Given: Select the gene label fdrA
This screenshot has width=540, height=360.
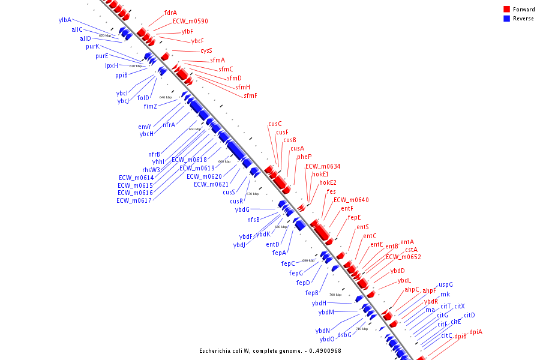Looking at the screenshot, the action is pyautogui.click(x=170, y=13).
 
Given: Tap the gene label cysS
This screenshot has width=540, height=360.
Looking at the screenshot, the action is pyautogui.click(x=206, y=50).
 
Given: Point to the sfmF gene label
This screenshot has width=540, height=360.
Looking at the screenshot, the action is pyautogui.click(x=250, y=95).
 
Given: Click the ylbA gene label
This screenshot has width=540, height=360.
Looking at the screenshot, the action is pyautogui.click(x=65, y=20).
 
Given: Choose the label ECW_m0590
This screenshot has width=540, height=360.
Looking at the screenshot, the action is pyautogui.click(x=190, y=21).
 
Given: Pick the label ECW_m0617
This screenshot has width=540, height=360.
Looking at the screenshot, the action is pyautogui.click(x=135, y=200).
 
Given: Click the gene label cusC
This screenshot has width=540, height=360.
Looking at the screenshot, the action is pyautogui.click(x=275, y=124).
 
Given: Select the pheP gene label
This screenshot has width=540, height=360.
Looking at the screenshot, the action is pyautogui.click(x=304, y=157).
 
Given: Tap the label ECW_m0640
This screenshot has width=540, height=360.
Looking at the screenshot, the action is pyautogui.click(x=351, y=200).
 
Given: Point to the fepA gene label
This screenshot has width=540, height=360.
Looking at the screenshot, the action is pyautogui.click(x=279, y=253).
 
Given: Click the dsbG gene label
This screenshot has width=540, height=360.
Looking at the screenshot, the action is pyautogui.click(x=344, y=334).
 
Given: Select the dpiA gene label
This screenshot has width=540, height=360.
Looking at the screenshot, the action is pyautogui.click(x=476, y=332).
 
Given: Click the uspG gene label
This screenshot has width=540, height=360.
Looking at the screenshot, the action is pyautogui.click(x=446, y=284).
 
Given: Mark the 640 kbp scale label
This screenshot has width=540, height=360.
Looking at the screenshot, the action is pyautogui.click(x=166, y=97).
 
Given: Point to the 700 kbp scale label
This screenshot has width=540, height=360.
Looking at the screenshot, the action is pyautogui.click(x=335, y=295).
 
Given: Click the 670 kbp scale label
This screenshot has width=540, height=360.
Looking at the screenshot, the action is pyautogui.click(x=253, y=194).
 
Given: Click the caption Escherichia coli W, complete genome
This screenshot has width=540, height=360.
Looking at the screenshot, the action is pyautogui.click(x=270, y=350).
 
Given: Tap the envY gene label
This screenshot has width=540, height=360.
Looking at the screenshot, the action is pyautogui.click(x=145, y=127).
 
